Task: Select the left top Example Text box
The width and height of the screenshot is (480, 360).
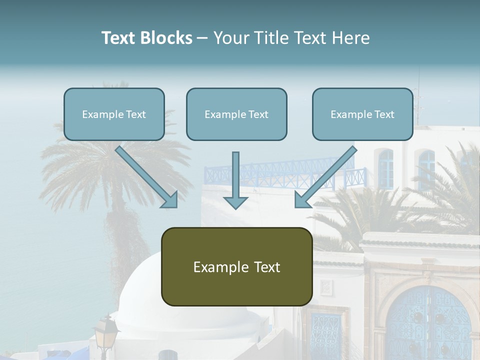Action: click(x=114, y=114)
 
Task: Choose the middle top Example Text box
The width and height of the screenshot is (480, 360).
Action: click(x=236, y=114)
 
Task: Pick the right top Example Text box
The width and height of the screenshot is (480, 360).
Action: click(x=362, y=114)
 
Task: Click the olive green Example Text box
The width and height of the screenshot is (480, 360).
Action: click(x=236, y=266)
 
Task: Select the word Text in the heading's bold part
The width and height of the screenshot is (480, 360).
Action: click(x=119, y=38)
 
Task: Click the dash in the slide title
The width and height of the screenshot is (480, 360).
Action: click(x=202, y=38)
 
